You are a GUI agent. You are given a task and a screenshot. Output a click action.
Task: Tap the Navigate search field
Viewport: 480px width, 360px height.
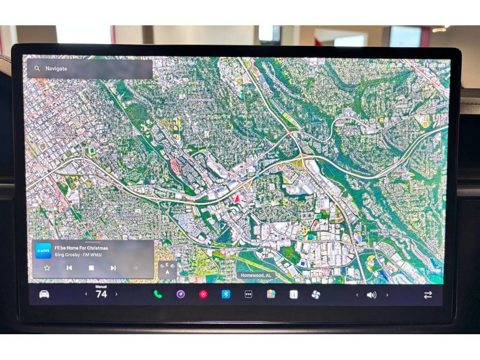(89, 69)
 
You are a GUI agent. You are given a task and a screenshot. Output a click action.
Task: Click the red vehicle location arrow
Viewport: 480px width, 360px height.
(237, 199)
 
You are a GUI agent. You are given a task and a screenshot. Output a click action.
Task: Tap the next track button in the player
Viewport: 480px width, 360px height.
(113, 268)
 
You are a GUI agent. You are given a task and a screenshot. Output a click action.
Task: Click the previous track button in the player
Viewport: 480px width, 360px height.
(69, 268)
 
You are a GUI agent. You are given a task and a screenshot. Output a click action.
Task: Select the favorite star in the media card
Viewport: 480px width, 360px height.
(47, 268)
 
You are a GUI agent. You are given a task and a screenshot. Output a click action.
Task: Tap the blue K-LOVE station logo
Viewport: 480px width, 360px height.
(44, 251)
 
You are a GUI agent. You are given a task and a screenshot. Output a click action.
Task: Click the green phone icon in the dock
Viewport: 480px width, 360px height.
(157, 294)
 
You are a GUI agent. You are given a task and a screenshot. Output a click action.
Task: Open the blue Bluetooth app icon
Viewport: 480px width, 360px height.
(226, 294)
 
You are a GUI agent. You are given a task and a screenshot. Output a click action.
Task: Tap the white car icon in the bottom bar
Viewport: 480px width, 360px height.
(44, 294)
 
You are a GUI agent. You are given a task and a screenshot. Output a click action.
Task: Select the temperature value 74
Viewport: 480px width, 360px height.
(101, 294)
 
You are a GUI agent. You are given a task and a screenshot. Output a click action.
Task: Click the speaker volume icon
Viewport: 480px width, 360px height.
(371, 295)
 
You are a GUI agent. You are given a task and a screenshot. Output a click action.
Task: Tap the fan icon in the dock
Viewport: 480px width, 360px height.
(315, 294)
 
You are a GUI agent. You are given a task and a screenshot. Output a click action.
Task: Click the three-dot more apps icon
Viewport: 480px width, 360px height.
(248, 294)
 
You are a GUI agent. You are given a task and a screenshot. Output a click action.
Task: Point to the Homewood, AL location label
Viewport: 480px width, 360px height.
(256, 276)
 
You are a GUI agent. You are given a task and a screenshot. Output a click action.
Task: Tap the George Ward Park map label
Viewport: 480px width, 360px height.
(135, 176)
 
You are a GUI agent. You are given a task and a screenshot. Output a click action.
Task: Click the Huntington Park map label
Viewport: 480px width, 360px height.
(382, 233)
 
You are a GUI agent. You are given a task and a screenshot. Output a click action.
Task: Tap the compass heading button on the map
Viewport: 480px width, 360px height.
(167, 270)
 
